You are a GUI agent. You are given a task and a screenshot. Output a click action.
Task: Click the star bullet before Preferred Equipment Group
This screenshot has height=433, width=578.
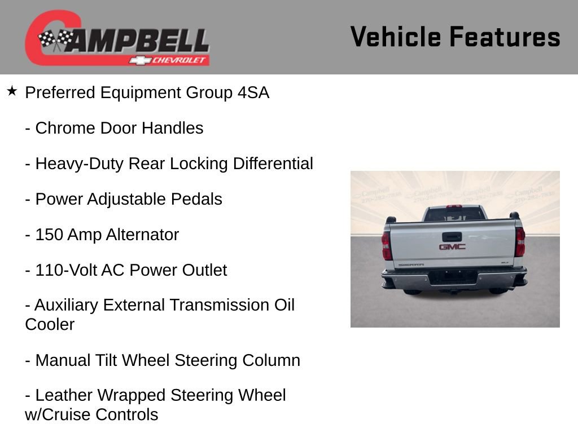point(12,91)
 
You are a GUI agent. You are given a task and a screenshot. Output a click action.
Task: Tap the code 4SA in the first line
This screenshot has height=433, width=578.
point(253,93)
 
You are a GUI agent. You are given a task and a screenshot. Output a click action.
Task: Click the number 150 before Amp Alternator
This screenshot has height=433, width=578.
point(49,235)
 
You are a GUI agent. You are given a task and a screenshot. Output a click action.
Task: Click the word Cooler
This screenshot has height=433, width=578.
point(50,325)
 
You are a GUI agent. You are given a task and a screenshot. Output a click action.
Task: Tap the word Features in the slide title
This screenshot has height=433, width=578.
point(505,37)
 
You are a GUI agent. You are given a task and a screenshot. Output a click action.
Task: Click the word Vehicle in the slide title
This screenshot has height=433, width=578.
point(396,37)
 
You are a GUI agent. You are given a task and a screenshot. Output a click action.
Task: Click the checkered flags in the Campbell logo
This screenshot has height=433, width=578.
point(55,39)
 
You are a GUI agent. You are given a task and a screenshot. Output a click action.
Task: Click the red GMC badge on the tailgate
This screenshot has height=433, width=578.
point(452,247)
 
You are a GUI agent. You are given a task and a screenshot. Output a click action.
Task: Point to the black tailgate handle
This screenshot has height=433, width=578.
point(452,237)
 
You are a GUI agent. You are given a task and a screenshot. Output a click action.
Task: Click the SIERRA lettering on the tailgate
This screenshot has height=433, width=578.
point(411,264)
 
